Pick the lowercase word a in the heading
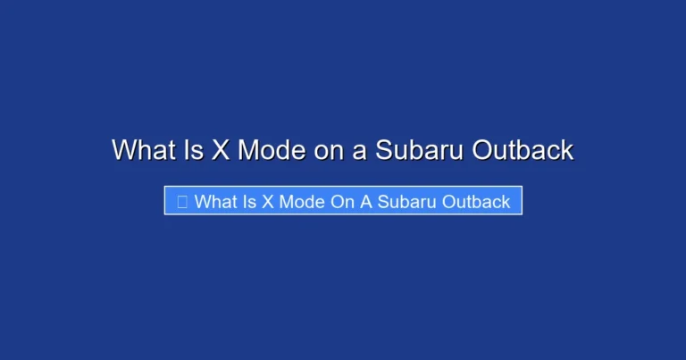tap(359, 150)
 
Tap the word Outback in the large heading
tap(523, 150)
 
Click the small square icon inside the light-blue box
tap(181, 202)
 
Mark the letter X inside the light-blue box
tap(267, 202)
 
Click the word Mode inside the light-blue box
tap(301, 202)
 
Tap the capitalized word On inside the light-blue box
tap(342, 202)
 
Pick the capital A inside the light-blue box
tap(365, 202)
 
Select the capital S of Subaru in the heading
tap(383, 150)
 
